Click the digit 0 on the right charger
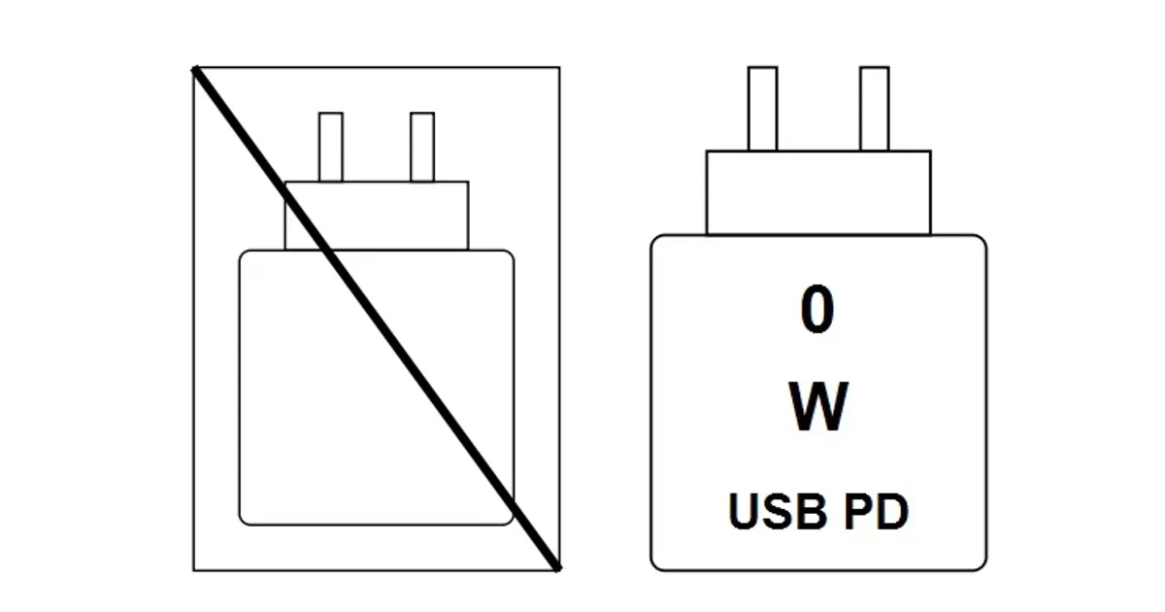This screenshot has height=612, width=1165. point(817,310)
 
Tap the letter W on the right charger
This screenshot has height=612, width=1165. point(818,406)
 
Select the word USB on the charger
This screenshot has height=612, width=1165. point(778,512)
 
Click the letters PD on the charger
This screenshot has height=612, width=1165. point(877,512)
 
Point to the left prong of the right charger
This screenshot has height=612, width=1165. point(762,108)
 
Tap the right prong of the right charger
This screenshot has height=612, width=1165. point(875,108)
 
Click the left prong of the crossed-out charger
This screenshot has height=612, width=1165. point(331,147)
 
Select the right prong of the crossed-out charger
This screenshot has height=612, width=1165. point(422,147)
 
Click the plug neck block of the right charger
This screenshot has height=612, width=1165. point(818,192)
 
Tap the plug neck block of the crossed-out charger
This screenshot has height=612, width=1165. point(377,216)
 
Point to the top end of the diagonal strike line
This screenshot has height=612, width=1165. point(195,69)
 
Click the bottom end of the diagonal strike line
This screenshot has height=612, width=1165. point(558,569)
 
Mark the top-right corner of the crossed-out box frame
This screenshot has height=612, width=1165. point(559,67)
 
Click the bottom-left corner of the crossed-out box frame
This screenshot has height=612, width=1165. point(194,570)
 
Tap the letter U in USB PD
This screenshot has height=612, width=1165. point(743,512)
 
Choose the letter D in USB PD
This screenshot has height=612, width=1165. point(892,512)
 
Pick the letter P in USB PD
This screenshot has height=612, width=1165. point(858,512)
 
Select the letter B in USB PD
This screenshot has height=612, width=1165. point(813,512)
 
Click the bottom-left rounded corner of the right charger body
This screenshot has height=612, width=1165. point(655,565)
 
